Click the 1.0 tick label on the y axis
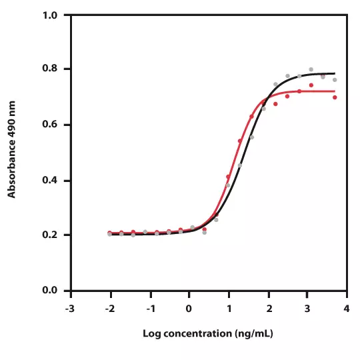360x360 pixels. pyautogui.click(x=49, y=15)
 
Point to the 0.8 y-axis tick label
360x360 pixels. pyautogui.click(x=49, y=68)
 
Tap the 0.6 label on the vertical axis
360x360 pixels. pyautogui.click(x=49, y=124)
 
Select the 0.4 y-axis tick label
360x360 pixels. pyautogui.click(x=49, y=180)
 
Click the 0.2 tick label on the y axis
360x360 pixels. pyautogui.click(x=49, y=235)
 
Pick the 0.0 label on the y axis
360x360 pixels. pyautogui.click(x=49, y=290)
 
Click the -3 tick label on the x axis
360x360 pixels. pyautogui.click(x=70, y=309)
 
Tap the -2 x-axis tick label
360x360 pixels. pyautogui.click(x=110, y=309)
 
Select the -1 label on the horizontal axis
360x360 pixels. pyautogui.click(x=151, y=309)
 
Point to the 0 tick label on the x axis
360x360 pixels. pyautogui.click(x=189, y=309)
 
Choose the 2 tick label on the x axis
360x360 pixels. pyautogui.click(x=269, y=309)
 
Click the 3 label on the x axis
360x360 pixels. pyautogui.click(x=307, y=309)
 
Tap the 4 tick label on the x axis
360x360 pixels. pyautogui.click(x=347, y=309)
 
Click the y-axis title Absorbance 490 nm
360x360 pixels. pyautogui.click(x=11, y=149)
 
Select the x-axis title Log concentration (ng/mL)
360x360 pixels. pyautogui.click(x=208, y=333)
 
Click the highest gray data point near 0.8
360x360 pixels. pyautogui.click(x=311, y=69)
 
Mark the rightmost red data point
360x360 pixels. pyautogui.click(x=335, y=97)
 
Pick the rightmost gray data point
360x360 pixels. pyautogui.click(x=335, y=80)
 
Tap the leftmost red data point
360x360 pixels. pyautogui.click(x=110, y=233)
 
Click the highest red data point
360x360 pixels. pyautogui.click(x=311, y=85)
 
